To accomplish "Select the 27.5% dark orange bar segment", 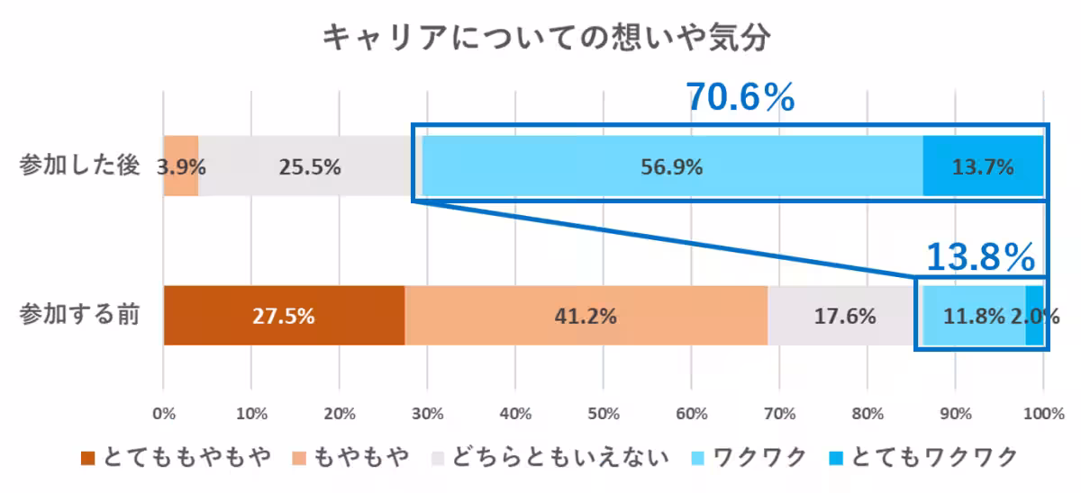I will (284, 316).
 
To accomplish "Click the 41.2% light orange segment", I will (586, 316).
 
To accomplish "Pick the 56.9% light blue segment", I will (672, 166).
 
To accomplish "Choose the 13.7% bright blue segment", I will (983, 166).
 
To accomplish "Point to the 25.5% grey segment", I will (310, 166).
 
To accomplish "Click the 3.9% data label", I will (181, 167).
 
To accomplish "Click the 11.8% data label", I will (974, 317).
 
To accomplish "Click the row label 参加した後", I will (80, 167).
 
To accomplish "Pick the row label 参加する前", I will (80, 317).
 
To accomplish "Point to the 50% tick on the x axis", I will (603, 414).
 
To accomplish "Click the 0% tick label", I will (163, 414).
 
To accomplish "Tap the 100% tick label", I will (1043, 414).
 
